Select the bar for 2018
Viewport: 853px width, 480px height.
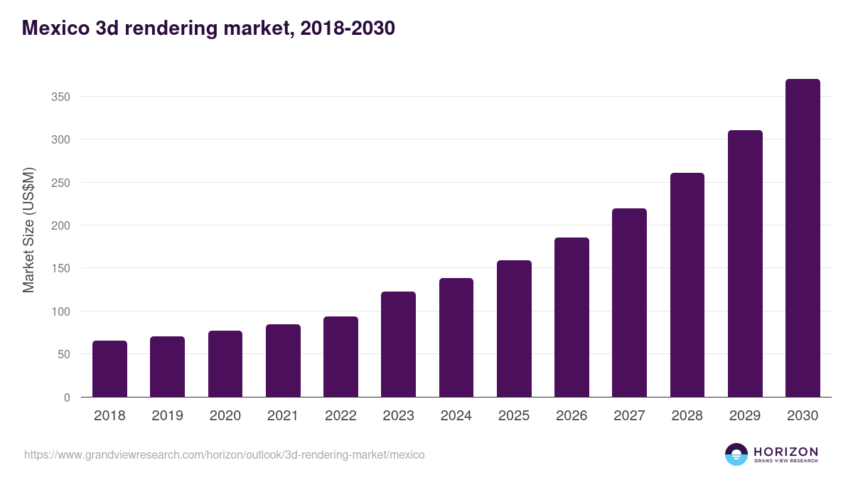click(109, 369)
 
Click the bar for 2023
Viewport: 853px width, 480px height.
click(398, 344)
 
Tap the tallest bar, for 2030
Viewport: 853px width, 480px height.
click(803, 238)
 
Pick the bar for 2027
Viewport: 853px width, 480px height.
click(629, 303)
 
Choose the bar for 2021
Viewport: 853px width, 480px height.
click(283, 361)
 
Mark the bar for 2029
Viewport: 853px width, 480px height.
click(745, 264)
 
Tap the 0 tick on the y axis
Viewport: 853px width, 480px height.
click(67, 398)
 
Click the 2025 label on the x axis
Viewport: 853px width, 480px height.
click(514, 416)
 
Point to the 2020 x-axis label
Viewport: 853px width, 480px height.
click(225, 416)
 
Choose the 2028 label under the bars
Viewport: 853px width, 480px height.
click(687, 416)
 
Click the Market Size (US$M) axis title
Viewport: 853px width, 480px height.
click(28, 229)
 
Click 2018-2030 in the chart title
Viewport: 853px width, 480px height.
click(347, 28)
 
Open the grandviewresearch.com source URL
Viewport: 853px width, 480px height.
click(225, 454)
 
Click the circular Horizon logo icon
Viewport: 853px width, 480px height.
click(736, 454)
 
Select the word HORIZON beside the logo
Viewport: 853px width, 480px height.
click(785, 452)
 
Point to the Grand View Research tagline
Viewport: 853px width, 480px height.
click(785, 461)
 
